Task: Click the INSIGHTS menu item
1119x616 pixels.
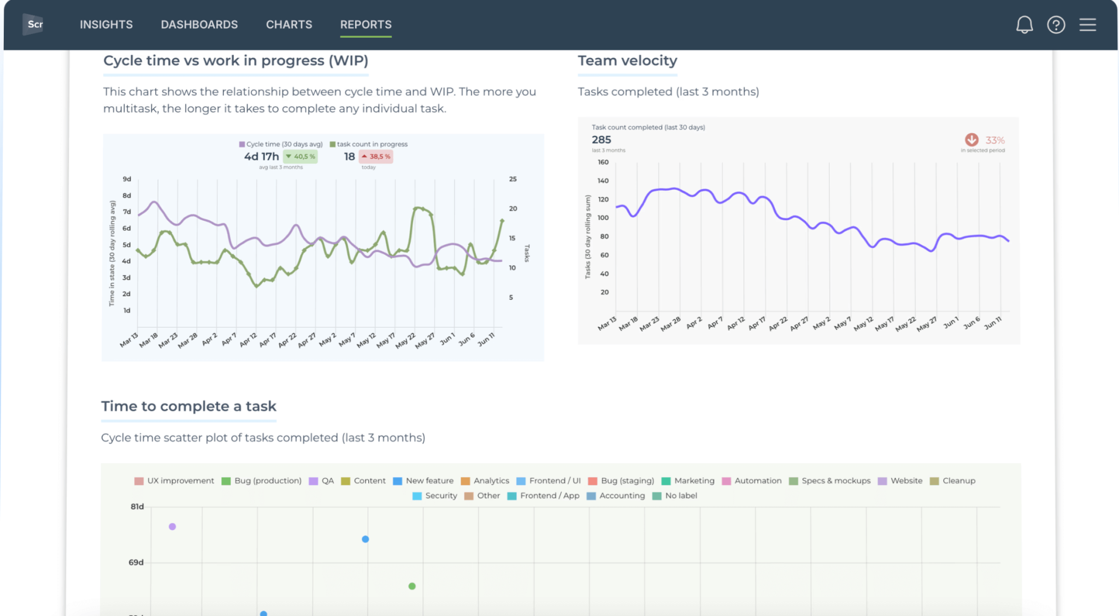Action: pos(106,25)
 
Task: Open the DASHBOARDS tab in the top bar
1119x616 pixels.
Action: pos(199,25)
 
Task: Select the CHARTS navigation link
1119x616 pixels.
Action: pos(288,25)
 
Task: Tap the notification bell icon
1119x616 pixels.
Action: pos(1024,25)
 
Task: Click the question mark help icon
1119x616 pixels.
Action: pos(1056,25)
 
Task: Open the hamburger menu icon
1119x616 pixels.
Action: pos(1087,25)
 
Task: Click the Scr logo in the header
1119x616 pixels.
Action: pos(34,24)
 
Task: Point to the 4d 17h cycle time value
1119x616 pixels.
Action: pos(261,156)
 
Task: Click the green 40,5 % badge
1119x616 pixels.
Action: pos(301,156)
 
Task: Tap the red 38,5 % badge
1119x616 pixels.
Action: pos(376,156)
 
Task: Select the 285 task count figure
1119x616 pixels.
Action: pos(601,140)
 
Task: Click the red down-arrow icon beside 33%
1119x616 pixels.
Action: pos(971,139)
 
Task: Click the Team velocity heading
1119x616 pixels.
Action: pos(627,61)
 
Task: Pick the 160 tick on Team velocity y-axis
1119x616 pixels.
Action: pos(603,162)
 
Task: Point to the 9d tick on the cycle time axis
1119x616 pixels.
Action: pos(127,179)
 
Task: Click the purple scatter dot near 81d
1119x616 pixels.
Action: pos(172,526)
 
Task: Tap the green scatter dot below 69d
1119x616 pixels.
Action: pos(412,586)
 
